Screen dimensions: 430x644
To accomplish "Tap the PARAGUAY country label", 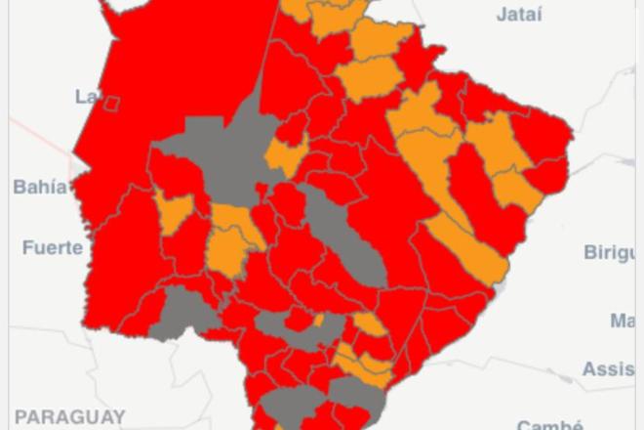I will click(69, 416).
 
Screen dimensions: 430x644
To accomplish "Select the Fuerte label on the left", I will click(53, 247).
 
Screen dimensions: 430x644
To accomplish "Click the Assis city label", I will click(609, 368).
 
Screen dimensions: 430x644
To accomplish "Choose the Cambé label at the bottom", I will click(550, 425).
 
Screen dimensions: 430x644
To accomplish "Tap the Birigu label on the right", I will click(609, 252).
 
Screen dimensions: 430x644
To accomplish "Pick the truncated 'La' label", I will click(86, 96).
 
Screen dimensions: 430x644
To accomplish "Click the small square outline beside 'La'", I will click(112, 103).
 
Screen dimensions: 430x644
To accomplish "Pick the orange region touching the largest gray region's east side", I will click(286, 156).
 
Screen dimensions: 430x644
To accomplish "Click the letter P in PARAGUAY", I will click(20, 416).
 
